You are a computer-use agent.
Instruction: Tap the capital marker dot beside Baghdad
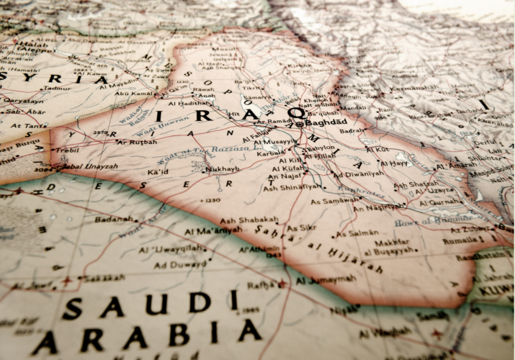pos(300,124)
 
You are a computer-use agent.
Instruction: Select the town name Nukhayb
pos(221,169)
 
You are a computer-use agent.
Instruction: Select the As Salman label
pos(357,233)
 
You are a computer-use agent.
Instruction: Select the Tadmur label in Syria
pos(57,89)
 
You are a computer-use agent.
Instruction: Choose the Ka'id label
pos(158,173)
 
